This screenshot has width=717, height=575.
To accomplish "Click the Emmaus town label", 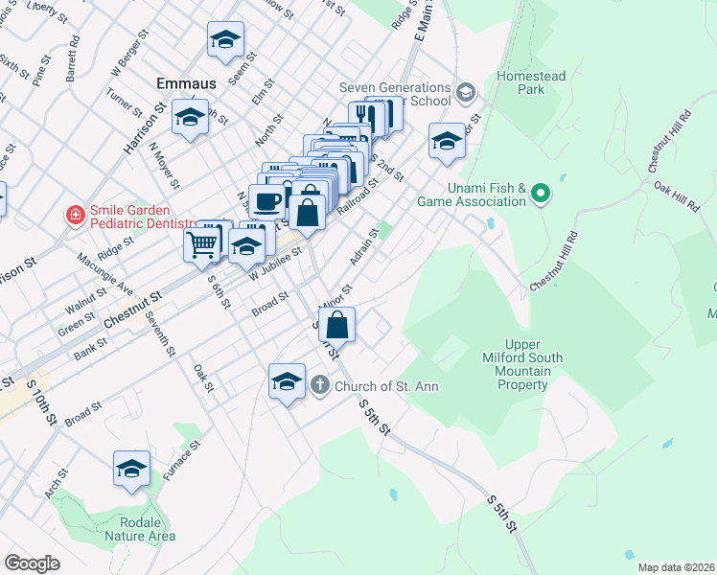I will tap(188, 83).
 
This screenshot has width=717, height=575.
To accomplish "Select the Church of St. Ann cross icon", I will tap(320, 385).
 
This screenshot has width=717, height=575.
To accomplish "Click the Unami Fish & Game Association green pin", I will tap(541, 195).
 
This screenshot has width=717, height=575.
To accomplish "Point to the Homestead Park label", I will tap(530, 82).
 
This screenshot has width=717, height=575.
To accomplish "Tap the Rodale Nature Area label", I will tap(139, 528).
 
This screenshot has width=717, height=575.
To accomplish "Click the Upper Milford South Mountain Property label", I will tap(536, 365).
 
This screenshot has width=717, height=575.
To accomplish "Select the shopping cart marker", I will tap(202, 243).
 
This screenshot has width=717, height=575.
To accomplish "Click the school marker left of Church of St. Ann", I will tap(287, 380).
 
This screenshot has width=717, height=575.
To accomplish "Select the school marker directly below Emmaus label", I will tap(190, 117).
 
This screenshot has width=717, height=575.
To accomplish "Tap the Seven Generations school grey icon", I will tap(467, 93).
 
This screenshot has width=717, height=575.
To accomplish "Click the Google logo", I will tap(32, 563).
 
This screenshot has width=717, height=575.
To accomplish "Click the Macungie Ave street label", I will tap(105, 272).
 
